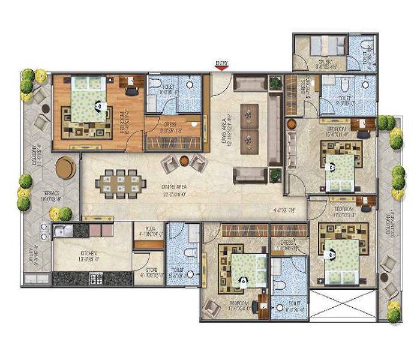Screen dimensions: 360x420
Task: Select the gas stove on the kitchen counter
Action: tap(96, 278)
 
